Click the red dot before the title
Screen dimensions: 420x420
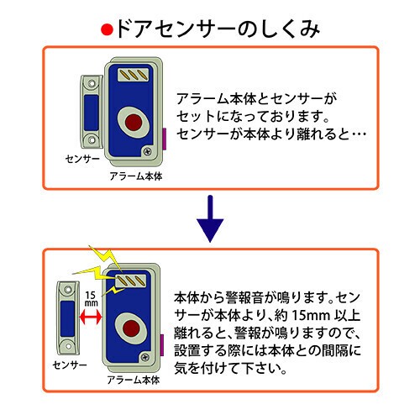click(x=107, y=30)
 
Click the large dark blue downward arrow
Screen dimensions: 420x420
click(x=210, y=219)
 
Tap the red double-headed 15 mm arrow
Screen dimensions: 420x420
click(x=91, y=318)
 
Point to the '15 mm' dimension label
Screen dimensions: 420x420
click(x=91, y=299)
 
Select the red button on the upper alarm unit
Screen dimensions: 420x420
click(x=134, y=123)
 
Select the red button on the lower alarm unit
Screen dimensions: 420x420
click(x=131, y=328)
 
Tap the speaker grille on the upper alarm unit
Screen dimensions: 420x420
click(x=133, y=74)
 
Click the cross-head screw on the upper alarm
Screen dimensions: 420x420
click(x=147, y=151)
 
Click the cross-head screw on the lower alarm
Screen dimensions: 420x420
click(x=145, y=357)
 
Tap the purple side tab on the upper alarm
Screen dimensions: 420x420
click(x=165, y=139)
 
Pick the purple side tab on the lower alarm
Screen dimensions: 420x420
click(x=162, y=345)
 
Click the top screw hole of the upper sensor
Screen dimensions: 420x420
click(x=92, y=83)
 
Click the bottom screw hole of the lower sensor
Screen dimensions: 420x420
click(x=68, y=346)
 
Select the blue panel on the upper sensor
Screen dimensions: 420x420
click(x=92, y=113)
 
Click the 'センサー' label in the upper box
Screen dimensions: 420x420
click(x=82, y=159)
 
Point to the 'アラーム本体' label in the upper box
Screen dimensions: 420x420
click(x=136, y=176)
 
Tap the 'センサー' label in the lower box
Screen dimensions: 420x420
click(x=70, y=365)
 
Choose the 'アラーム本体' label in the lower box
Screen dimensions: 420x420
click(x=134, y=380)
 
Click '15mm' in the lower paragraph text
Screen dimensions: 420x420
click(x=310, y=316)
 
